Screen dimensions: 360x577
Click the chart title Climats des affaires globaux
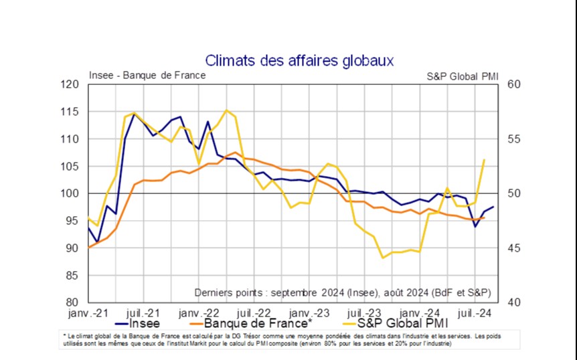tap(299, 61)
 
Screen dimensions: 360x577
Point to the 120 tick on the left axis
tap(70, 84)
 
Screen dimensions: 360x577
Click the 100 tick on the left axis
tap(70, 193)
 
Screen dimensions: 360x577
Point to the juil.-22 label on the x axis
tap(253, 312)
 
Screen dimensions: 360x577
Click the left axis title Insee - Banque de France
tap(147, 75)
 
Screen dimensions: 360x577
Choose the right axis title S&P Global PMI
tap(463, 76)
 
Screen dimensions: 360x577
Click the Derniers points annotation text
tap(342, 292)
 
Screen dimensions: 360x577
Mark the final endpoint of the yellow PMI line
tap(484, 160)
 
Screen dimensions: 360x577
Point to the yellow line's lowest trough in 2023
tap(383, 258)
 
